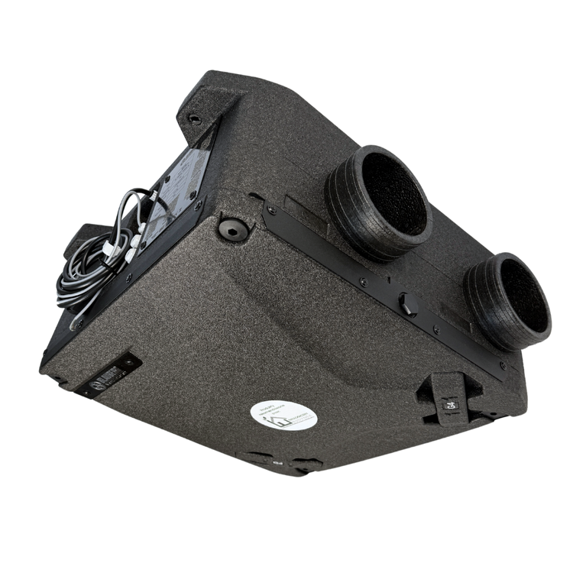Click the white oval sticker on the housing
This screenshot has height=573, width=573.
click(x=284, y=415)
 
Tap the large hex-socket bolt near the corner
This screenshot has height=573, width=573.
click(x=232, y=228)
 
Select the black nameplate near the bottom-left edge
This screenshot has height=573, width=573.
click(x=108, y=374)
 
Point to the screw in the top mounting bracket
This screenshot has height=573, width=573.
click(x=194, y=119)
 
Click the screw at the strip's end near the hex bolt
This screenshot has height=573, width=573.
click(x=271, y=207)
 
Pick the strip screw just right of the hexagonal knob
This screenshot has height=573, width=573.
click(x=435, y=329)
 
